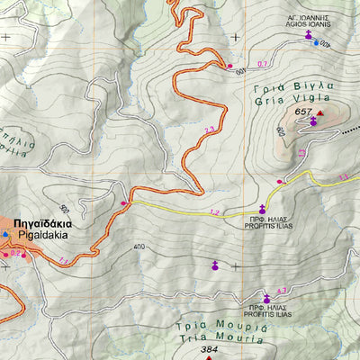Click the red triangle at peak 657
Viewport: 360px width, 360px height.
319,112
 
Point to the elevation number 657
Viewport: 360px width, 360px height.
302,112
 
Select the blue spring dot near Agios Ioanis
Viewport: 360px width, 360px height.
315,42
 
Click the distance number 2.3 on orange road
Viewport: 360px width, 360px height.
210,131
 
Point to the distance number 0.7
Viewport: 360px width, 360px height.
263,64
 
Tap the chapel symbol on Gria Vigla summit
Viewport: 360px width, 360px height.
313,121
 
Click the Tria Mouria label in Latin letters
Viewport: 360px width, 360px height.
203,337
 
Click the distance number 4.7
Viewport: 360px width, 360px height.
282,290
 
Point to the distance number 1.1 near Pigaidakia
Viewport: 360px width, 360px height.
63,260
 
